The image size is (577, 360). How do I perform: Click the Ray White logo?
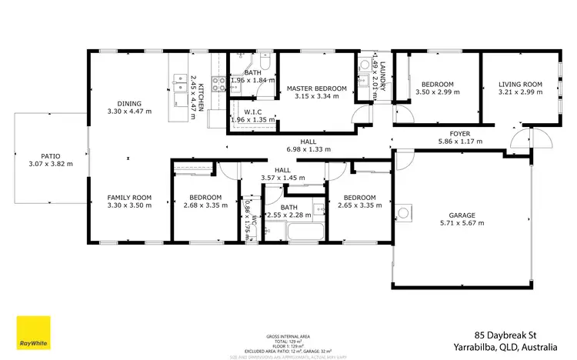[x=33, y=333]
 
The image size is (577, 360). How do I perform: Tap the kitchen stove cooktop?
[x=218, y=84]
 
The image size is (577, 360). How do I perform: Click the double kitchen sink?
[x=179, y=82]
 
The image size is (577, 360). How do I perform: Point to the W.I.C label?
[x=254, y=112]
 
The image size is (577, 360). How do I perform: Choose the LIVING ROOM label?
[x=521, y=84]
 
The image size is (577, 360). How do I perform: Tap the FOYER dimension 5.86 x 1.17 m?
[x=459, y=142]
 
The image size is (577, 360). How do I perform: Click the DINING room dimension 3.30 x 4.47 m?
[x=128, y=112]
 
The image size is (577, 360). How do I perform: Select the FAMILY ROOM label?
[x=128, y=198]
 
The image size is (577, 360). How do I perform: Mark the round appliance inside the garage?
[x=405, y=213]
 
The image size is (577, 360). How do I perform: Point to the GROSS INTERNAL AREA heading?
[x=288, y=337]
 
